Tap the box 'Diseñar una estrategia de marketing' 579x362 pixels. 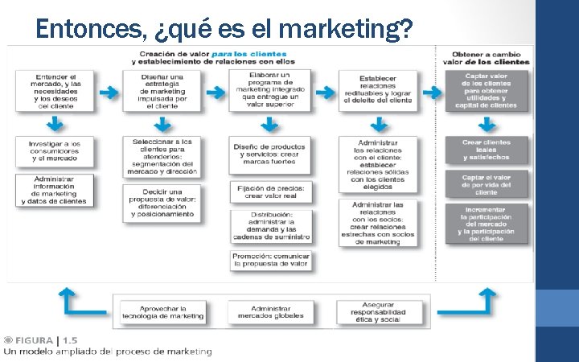coord(163,90)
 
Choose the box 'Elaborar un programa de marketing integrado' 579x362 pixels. coord(270,89)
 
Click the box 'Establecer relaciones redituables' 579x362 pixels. coord(377,90)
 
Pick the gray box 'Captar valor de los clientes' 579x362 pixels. coord(486,90)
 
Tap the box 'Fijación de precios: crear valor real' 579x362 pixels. coord(270,191)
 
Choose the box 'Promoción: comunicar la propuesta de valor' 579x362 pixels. coord(270,260)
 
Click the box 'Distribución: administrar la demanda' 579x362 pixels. coord(270,226)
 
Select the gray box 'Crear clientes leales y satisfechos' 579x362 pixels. coord(486,150)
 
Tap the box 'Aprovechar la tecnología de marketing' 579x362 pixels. coord(162,311)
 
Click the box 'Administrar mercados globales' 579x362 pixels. coord(270,311)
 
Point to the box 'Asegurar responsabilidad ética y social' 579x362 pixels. coord(378,311)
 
